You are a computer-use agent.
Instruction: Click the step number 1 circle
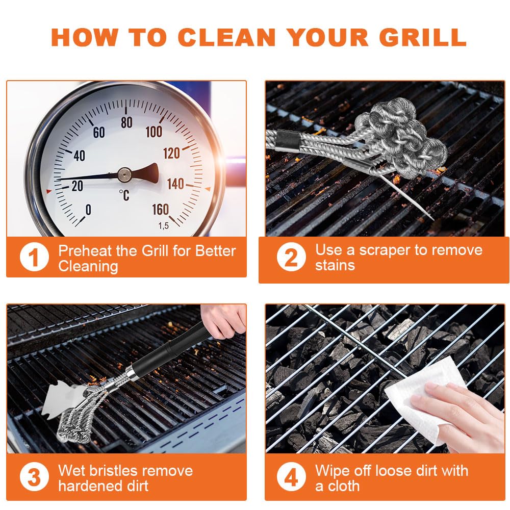[34, 258]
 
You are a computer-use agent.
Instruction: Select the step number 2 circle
[291, 258]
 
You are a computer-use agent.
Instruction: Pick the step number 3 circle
[34, 478]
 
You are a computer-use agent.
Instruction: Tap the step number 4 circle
[291, 478]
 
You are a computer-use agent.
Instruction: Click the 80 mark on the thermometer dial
[126, 122]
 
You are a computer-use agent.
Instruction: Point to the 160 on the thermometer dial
[160, 210]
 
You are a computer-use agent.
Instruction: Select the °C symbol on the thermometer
[124, 195]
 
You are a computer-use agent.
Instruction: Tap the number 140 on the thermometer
[175, 184]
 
